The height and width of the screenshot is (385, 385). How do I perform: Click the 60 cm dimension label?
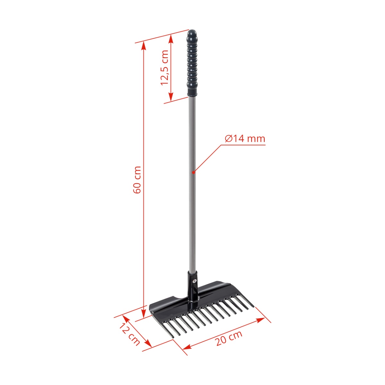pos(137,180)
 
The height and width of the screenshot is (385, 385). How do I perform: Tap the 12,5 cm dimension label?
pos(165,67)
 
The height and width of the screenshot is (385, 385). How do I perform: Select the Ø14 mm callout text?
pos(245,139)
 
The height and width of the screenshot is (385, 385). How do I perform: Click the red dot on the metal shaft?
pos(193,172)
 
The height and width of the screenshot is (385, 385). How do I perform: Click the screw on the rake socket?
pos(194,281)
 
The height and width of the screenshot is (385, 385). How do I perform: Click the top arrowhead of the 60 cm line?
pos(143,45)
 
